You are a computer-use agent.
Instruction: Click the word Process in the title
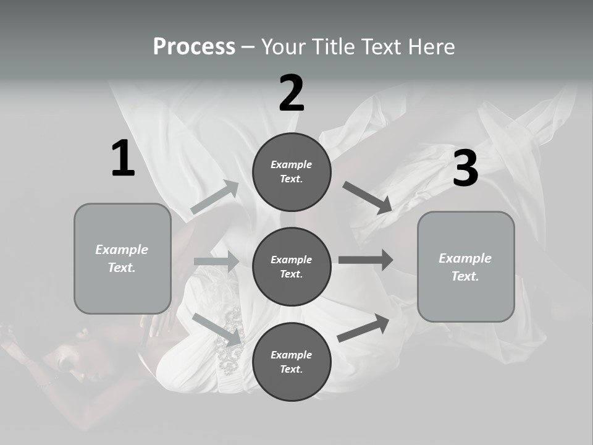point(194,46)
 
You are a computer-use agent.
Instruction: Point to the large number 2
point(292,93)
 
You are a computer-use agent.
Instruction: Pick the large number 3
point(465,168)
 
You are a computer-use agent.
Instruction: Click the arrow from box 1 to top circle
point(214,197)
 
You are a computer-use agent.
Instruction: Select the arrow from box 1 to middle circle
point(216,261)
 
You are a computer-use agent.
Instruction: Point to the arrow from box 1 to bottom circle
point(217,329)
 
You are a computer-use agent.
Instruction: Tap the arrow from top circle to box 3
point(368,198)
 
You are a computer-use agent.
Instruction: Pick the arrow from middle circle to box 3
point(366,260)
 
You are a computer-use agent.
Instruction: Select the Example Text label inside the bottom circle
point(292,362)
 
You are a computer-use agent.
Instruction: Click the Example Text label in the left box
point(122,258)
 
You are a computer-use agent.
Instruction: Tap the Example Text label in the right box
point(466,267)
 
